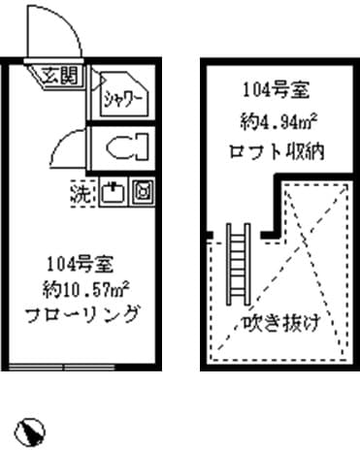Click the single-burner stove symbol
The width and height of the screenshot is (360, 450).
142,192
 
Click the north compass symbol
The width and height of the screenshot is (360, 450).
32,428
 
